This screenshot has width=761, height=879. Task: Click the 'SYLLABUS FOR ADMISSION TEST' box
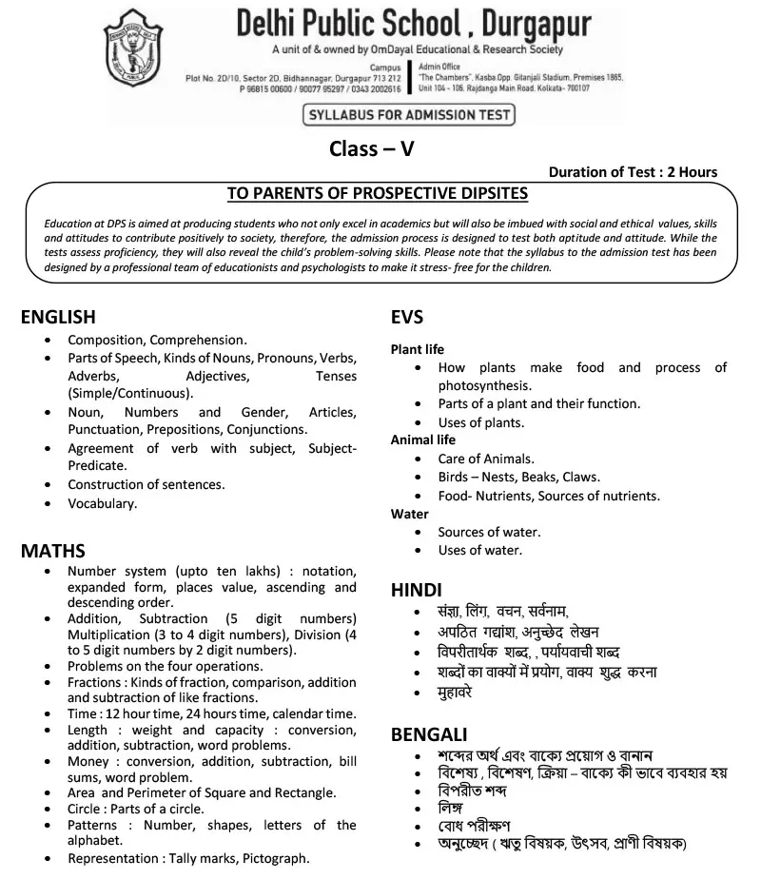point(407,115)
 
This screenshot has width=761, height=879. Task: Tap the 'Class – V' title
point(372,148)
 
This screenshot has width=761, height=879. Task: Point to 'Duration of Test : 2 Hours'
point(633,172)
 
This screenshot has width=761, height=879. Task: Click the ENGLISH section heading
point(58,318)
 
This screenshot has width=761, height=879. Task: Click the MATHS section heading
point(53,551)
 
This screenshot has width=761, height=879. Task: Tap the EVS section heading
point(407,318)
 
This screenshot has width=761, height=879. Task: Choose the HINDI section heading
point(417,590)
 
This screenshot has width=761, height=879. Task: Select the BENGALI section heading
point(429,734)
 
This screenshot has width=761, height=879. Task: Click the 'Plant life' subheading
point(418,349)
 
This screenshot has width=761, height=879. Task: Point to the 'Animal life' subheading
point(423,440)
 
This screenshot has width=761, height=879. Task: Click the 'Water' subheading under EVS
point(410,514)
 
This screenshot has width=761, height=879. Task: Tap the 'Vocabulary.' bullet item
point(103,503)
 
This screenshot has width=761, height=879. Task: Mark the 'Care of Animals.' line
point(486,459)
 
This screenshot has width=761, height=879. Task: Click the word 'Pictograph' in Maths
point(275,858)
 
